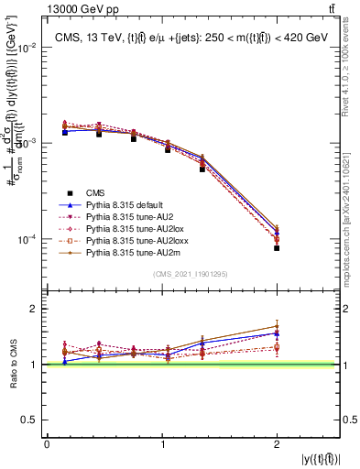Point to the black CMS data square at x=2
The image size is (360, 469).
[x=277, y=247]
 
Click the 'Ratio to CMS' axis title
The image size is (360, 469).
[x=13, y=366]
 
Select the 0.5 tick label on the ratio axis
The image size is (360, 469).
[x=31, y=420]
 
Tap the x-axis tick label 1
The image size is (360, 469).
[x=162, y=444]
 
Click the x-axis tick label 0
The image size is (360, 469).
[x=47, y=444]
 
